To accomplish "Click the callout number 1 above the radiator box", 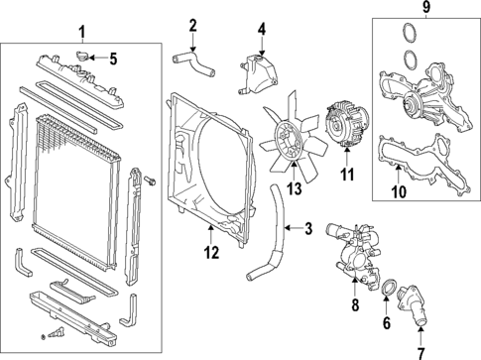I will pyautogui.click(x=81, y=32).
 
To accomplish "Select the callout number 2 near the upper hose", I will pyautogui.click(x=193, y=25).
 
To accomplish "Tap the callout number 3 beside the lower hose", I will pyautogui.click(x=308, y=230).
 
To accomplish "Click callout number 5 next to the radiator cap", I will pyautogui.click(x=113, y=59).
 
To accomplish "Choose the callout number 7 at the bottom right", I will pyautogui.click(x=420, y=352).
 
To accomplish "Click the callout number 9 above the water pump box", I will pyautogui.click(x=425, y=11).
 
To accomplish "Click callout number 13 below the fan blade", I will pyautogui.click(x=294, y=188).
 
